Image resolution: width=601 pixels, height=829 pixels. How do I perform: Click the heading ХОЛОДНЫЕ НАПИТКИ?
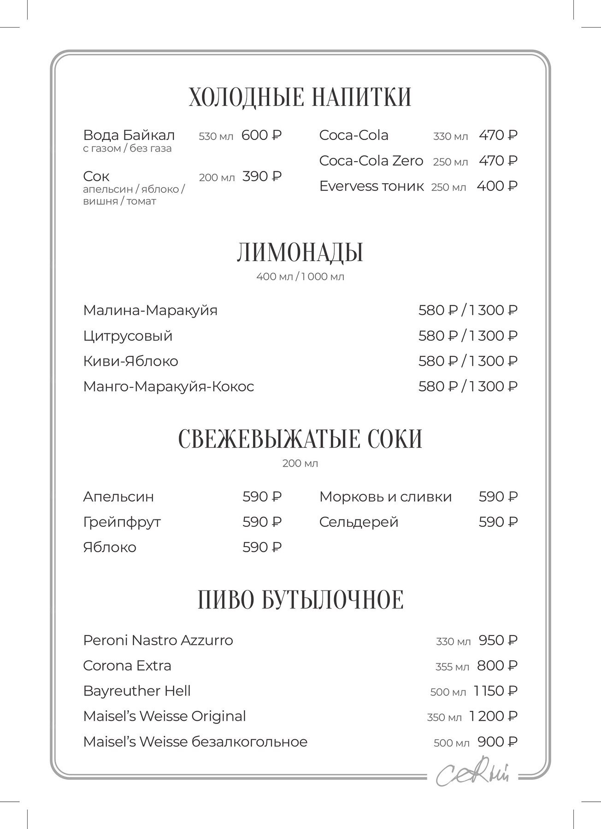(x=300, y=97)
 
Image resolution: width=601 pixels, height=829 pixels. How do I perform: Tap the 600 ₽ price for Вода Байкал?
(x=261, y=135)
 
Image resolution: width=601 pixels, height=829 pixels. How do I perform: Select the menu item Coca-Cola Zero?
(x=371, y=161)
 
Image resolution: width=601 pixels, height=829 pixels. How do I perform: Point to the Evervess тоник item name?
(x=371, y=186)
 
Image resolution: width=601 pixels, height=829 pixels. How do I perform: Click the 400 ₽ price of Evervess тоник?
(x=497, y=186)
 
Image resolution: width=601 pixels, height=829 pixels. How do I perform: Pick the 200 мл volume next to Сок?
(x=217, y=177)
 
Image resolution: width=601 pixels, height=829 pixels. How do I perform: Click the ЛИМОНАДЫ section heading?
(x=300, y=252)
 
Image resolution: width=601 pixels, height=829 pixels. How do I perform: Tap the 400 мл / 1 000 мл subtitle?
(x=300, y=277)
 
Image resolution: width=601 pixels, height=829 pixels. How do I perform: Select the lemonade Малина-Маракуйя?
(x=150, y=310)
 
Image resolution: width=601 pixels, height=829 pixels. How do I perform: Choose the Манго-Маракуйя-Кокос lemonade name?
(x=169, y=386)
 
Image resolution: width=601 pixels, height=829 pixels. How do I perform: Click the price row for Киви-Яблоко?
(x=468, y=361)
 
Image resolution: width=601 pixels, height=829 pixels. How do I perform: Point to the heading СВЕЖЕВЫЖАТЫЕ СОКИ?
(x=300, y=438)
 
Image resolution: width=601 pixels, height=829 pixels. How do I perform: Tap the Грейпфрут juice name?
(x=122, y=522)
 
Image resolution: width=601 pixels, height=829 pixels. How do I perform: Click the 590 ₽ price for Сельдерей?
(x=498, y=522)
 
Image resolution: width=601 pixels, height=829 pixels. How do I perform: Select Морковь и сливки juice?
(x=385, y=497)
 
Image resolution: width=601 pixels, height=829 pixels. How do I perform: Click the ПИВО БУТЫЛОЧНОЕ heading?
(x=300, y=600)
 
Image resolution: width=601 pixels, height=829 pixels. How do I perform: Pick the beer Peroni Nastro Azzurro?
(x=158, y=641)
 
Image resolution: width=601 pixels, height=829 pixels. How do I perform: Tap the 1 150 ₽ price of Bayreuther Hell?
(x=495, y=691)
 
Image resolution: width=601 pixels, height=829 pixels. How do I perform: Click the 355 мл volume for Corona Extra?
(x=452, y=667)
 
